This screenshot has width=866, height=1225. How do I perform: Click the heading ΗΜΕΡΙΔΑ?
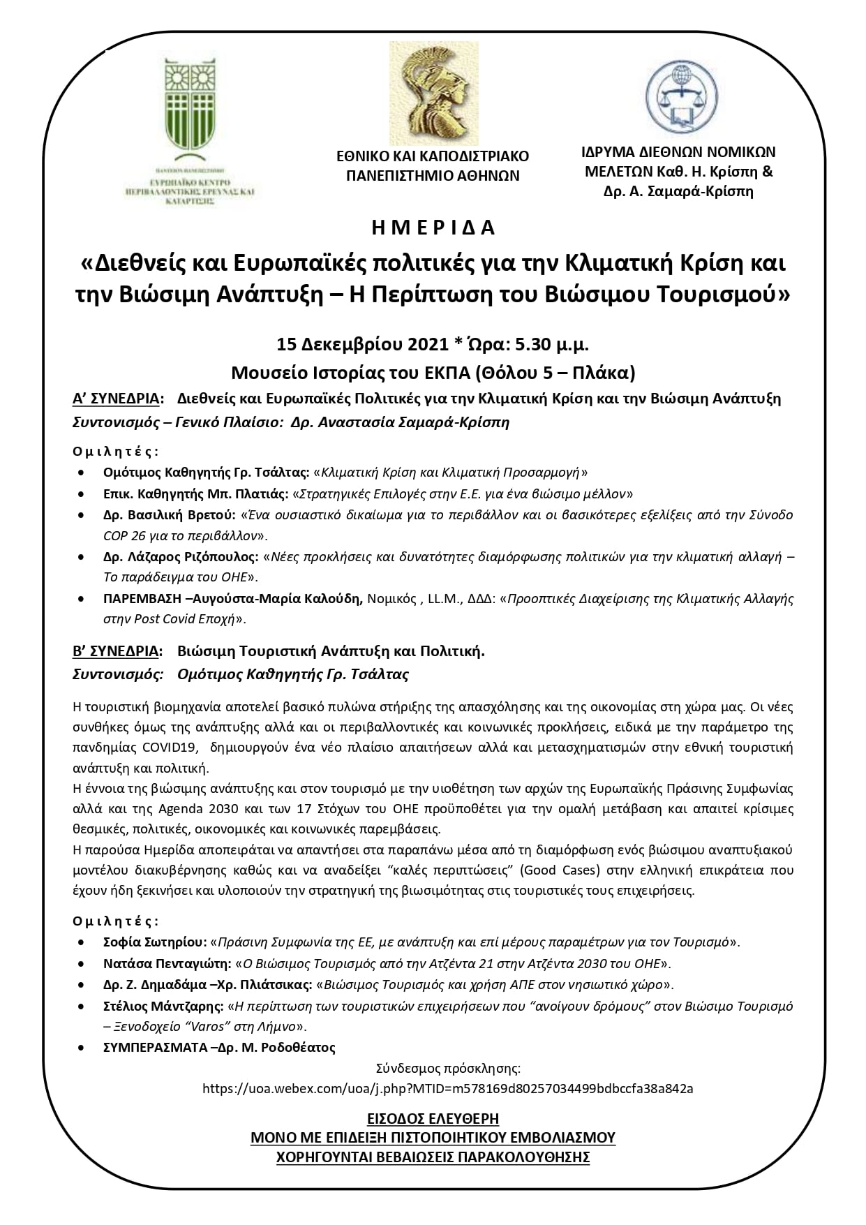click(x=433, y=228)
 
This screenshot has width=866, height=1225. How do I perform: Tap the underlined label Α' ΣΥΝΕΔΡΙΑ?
click(x=116, y=399)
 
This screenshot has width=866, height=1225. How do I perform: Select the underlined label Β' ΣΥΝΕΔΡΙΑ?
click(x=116, y=652)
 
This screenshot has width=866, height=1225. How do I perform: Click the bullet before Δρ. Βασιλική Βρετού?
click(x=84, y=515)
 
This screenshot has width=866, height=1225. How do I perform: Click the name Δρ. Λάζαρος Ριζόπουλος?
click(x=181, y=557)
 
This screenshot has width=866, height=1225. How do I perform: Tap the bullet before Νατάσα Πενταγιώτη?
click(x=84, y=964)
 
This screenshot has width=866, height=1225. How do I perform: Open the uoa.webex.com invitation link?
click(x=447, y=1088)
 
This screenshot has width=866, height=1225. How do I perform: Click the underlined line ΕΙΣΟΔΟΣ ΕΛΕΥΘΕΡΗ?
click(x=433, y=1119)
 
